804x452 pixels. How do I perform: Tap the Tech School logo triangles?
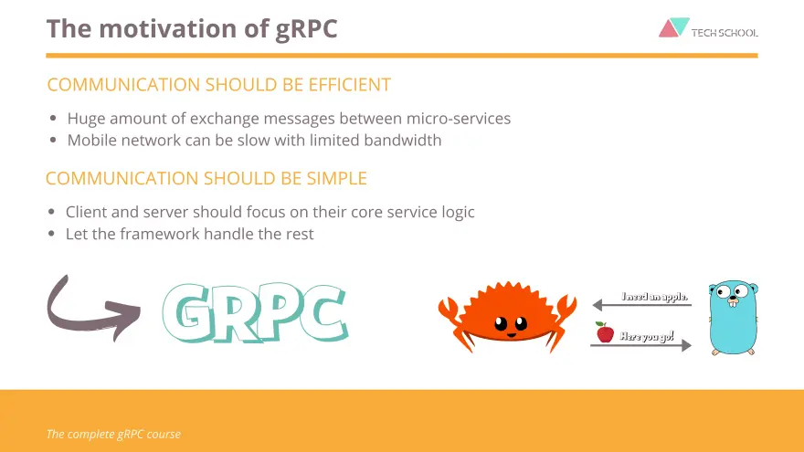[x=673, y=27]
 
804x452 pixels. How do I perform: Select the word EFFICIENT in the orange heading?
[x=349, y=85]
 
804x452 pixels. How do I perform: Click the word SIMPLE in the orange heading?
[x=337, y=178]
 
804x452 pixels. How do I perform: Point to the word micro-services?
[x=459, y=119]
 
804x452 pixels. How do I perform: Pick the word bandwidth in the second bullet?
[x=403, y=140]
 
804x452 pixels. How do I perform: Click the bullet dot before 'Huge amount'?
[x=53, y=119]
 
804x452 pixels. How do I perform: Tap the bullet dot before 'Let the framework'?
[x=51, y=234]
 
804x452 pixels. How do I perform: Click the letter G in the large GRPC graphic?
[x=192, y=312]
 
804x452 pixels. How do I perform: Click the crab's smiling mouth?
[x=512, y=335]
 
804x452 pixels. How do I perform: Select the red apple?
[x=605, y=332]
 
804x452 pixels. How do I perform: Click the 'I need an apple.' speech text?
[x=654, y=296]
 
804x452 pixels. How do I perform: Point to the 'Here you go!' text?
[x=647, y=336]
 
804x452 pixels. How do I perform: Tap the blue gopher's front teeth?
[x=733, y=302]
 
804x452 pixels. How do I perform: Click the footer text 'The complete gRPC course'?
[x=113, y=434]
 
